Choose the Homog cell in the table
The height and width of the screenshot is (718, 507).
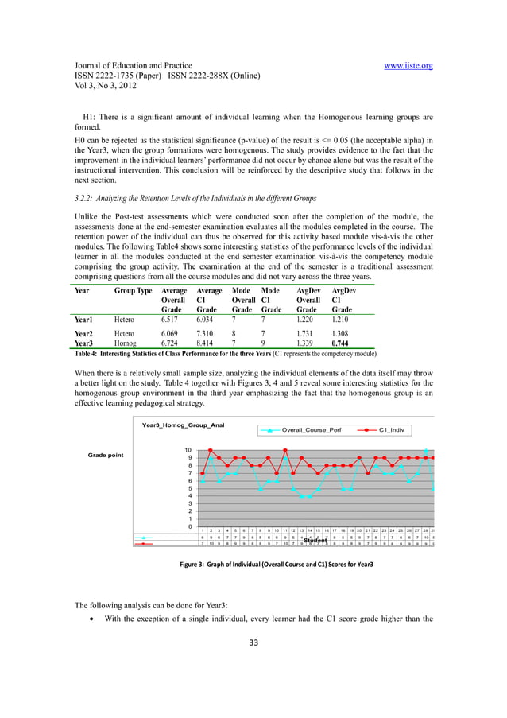click(126, 342)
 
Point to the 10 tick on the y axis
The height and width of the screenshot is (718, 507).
click(188, 450)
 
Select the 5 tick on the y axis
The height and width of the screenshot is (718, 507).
click(189, 488)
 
